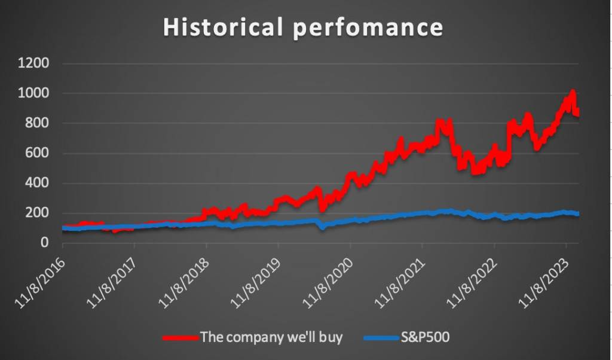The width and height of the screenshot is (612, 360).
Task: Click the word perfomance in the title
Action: pyautogui.click(x=368, y=28)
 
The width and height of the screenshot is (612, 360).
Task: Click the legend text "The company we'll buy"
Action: pyautogui.click(x=271, y=337)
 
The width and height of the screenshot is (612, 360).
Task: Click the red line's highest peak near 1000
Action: pyautogui.click(x=573, y=92)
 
